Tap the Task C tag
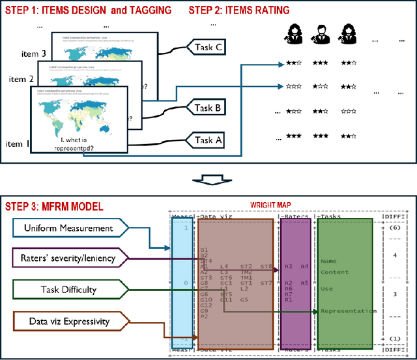click(x=208, y=47)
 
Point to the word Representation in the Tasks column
click(x=348, y=311)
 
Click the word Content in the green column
click(x=334, y=272)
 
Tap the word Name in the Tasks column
click(x=328, y=261)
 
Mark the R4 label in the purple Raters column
click(x=304, y=266)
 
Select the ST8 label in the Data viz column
click(x=266, y=266)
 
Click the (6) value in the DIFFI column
click(x=395, y=229)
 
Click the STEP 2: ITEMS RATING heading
click(x=239, y=10)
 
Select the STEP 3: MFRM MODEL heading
click(x=54, y=207)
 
